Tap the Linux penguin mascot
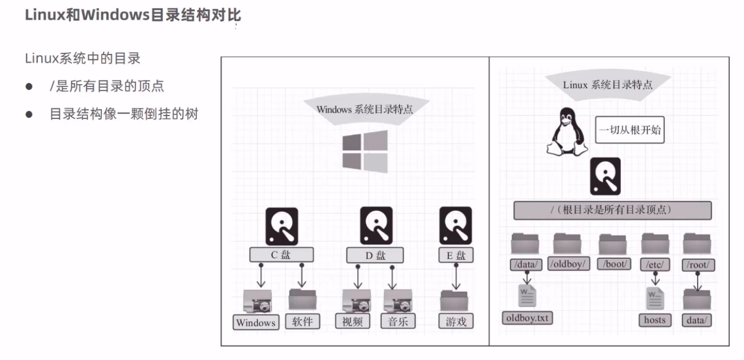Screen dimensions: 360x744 567,132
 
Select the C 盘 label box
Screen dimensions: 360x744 281,255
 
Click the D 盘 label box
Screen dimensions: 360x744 375,255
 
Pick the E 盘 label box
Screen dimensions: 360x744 456,255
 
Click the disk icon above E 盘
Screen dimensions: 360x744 456,226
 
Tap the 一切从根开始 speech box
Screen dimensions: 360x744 630,130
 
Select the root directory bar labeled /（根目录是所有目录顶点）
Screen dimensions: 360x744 612,210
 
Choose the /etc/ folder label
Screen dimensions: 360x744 655,265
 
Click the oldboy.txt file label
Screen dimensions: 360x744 527,318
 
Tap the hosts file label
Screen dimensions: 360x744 655,320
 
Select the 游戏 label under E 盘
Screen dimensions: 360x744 456,321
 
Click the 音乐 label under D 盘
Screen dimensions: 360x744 398,321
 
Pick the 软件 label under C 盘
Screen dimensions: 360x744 303,321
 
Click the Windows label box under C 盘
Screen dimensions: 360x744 256,323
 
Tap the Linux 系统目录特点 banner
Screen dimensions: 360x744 608,85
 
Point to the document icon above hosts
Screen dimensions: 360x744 655,298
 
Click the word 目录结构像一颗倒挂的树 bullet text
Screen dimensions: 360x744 124,114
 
